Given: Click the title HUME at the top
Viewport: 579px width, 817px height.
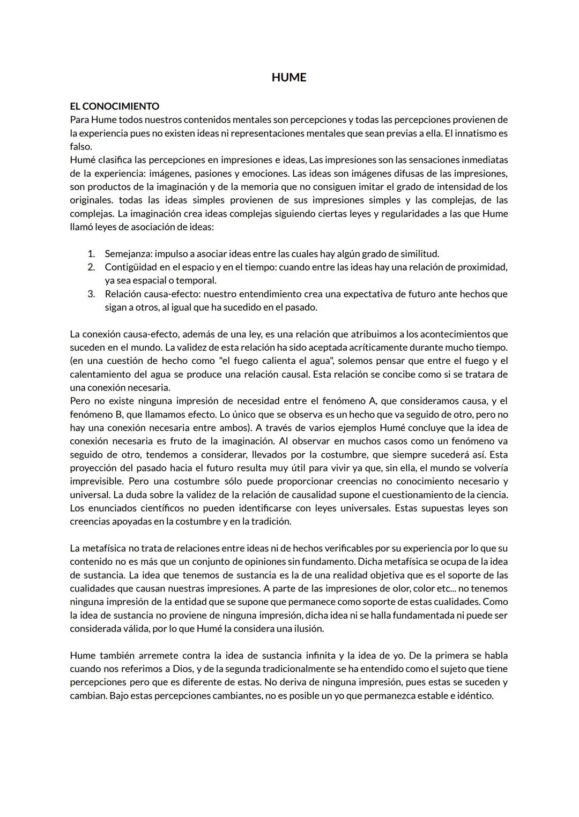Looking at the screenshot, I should [288, 78].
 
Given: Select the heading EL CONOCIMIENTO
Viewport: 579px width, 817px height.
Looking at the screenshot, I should [114, 106].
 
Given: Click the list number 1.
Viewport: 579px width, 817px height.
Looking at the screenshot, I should [91, 253].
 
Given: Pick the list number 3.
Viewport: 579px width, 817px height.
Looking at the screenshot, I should [91, 294].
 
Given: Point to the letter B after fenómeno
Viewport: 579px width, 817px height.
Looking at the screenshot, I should [108, 414].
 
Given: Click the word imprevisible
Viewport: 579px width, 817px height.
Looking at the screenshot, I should [96, 481].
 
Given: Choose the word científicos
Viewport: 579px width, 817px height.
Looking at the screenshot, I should [145, 508].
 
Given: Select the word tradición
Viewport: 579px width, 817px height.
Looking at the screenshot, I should [271, 521].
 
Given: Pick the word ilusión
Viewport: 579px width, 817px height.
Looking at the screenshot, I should [307, 628].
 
